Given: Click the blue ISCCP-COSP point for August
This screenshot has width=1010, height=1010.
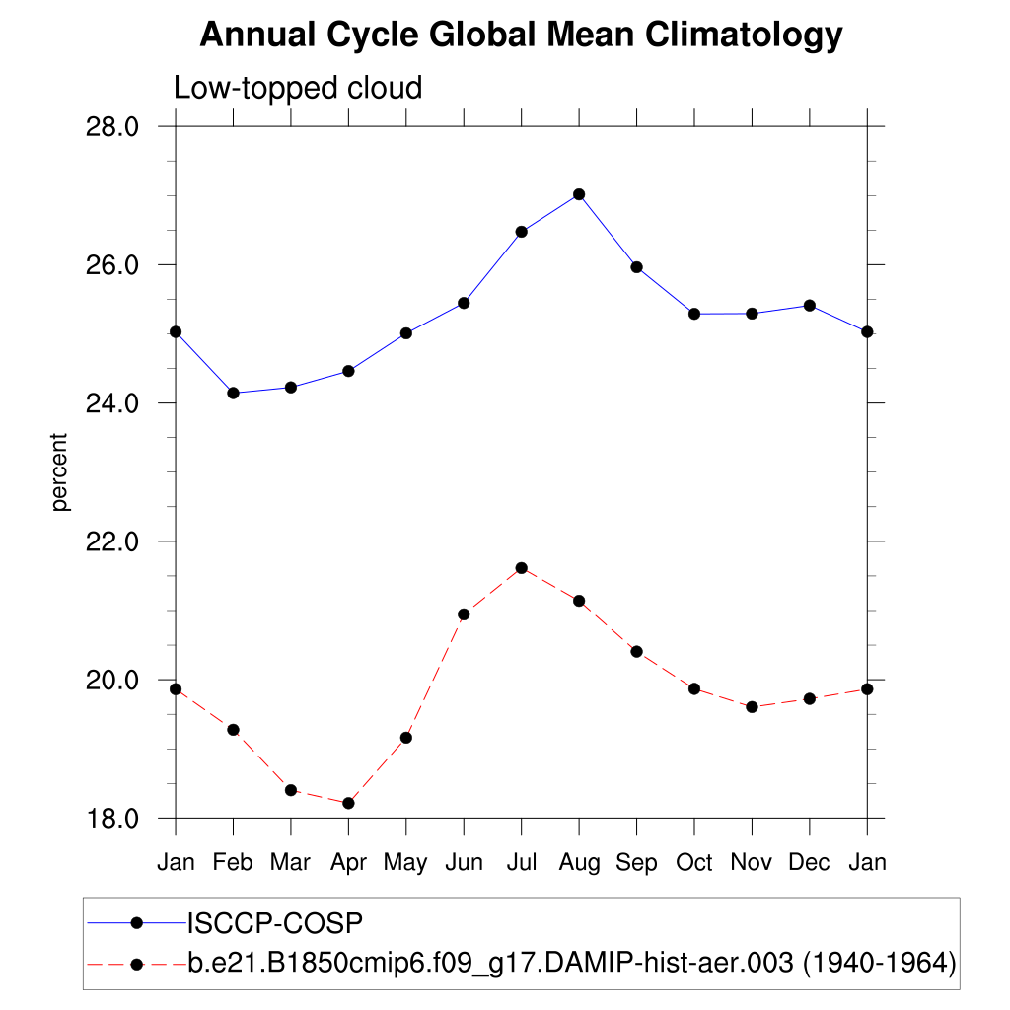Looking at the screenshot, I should pyautogui.click(x=579, y=194).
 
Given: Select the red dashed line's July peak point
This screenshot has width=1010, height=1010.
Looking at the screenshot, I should pyautogui.click(x=521, y=568).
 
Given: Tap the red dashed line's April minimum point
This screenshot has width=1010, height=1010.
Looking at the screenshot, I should pyautogui.click(x=348, y=803).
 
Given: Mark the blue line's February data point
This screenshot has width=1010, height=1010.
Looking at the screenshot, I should pyautogui.click(x=233, y=393).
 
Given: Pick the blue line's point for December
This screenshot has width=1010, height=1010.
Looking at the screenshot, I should pyautogui.click(x=809, y=306).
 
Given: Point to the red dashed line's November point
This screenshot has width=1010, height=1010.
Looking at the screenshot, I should pyautogui.click(x=752, y=707).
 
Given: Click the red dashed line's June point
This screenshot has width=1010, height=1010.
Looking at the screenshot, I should pyautogui.click(x=464, y=614).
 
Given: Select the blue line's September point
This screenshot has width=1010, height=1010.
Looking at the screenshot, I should pyautogui.click(x=636, y=267).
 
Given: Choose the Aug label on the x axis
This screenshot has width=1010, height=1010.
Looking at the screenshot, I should pyautogui.click(x=579, y=863).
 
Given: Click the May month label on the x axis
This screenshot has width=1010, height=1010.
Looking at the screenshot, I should pyautogui.click(x=405, y=863).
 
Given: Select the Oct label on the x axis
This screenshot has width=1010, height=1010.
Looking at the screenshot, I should pyautogui.click(x=694, y=863).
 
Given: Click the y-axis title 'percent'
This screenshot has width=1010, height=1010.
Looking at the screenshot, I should pyautogui.click(x=61, y=472).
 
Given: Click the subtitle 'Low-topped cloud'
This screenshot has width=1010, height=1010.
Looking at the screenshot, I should pyautogui.click(x=298, y=88).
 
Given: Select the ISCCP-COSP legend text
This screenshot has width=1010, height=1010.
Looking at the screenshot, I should pyautogui.click(x=275, y=923).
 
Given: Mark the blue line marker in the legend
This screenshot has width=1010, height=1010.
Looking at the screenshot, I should pyautogui.click(x=137, y=923).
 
